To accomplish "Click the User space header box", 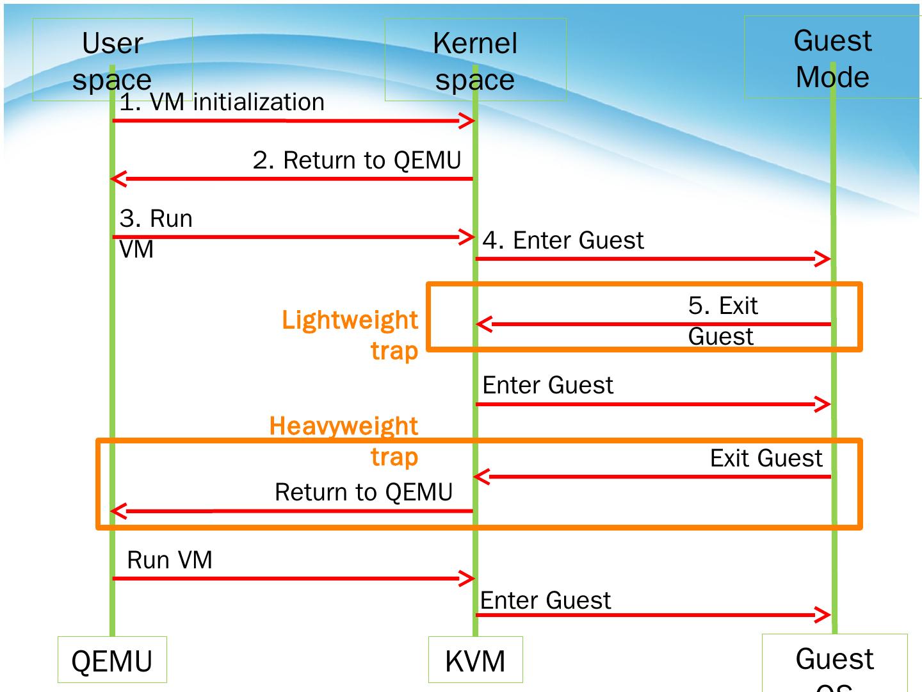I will [112, 60].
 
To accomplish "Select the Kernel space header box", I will [475, 60].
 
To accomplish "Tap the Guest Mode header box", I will [832, 58].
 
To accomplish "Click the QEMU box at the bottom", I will [112, 661].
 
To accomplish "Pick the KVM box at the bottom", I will [475, 661].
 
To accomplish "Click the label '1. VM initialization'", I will [222, 103].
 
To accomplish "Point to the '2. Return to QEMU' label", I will [357, 160].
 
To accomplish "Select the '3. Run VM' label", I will [156, 233].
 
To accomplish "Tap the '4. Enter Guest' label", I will [563, 240].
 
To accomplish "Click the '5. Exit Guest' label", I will [723, 320].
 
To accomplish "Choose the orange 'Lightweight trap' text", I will [350, 334].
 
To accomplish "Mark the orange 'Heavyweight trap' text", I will [344, 441].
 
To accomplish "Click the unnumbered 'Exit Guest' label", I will [766, 458].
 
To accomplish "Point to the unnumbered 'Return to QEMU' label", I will [364, 492].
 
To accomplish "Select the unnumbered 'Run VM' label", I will [170, 560].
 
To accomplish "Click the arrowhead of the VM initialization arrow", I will [467, 121].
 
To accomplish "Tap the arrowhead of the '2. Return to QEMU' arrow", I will [118, 178].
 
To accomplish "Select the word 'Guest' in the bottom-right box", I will [834, 659].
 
